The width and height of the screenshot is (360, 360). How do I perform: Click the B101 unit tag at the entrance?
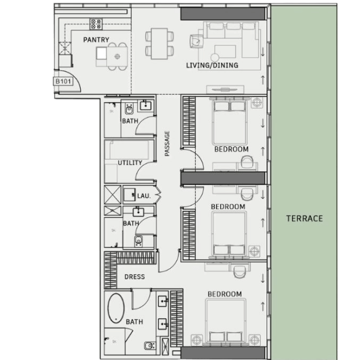(x=63, y=81)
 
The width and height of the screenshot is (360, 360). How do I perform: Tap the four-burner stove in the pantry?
(x=96, y=24)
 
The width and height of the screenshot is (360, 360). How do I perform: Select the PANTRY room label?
(x=96, y=39)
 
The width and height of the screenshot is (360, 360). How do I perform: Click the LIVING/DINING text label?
(x=212, y=65)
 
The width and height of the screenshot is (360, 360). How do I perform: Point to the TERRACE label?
(x=304, y=218)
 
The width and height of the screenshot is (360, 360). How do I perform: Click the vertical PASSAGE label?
(x=167, y=143)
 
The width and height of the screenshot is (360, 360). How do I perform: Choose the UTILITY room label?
(x=130, y=163)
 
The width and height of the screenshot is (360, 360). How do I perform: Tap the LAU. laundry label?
(x=144, y=196)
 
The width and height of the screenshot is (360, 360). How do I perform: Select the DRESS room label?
(x=135, y=276)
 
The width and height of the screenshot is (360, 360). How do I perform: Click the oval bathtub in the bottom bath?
(x=116, y=308)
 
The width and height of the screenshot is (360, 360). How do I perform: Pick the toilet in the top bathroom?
(x=129, y=109)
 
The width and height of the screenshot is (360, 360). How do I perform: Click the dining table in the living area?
(x=159, y=44)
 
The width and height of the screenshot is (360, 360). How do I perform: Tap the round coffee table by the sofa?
(x=215, y=57)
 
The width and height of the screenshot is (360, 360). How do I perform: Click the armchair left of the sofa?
(x=196, y=41)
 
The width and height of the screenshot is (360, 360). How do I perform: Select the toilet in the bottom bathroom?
(x=149, y=345)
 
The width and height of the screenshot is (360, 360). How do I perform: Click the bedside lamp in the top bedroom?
(x=257, y=102)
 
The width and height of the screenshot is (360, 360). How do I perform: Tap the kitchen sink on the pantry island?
(x=102, y=53)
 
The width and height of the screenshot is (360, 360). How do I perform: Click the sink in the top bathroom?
(x=145, y=106)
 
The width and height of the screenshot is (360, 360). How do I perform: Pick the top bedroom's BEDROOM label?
(x=232, y=149)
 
